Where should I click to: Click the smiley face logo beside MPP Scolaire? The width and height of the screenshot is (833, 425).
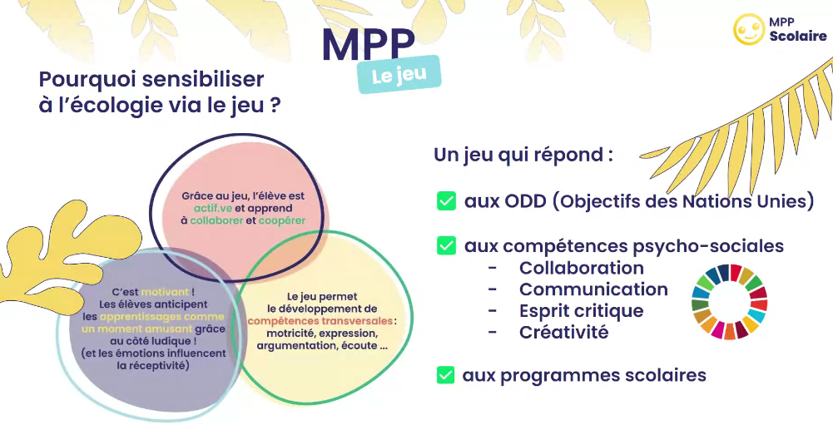click(748, 29)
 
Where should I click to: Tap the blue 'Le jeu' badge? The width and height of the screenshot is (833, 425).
click(399, 74)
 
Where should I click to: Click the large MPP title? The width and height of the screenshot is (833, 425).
click(368, 45)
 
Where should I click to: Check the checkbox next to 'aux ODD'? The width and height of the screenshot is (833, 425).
click(446, 201)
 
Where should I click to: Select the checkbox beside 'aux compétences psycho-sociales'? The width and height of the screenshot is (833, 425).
click(446, 245)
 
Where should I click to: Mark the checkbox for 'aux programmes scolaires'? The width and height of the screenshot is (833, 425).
click(446, 374)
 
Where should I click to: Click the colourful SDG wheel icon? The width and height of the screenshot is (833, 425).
click(730, 302)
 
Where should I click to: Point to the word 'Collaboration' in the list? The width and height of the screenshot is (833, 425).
click(581, 268)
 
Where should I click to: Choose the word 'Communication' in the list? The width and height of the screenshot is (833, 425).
click(593, 289)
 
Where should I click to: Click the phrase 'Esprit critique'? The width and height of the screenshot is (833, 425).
click(581, 311)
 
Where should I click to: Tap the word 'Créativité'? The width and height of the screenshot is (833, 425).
click(563, 332)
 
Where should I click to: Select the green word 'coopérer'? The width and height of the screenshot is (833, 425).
click(282, 220)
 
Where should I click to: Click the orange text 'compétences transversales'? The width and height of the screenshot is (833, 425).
click(320, 321)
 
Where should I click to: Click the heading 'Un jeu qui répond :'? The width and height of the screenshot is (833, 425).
click(523, 156)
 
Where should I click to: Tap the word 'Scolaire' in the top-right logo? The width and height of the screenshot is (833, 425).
click(798, 36)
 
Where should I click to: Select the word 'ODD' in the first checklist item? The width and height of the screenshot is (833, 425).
click(523, 201)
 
